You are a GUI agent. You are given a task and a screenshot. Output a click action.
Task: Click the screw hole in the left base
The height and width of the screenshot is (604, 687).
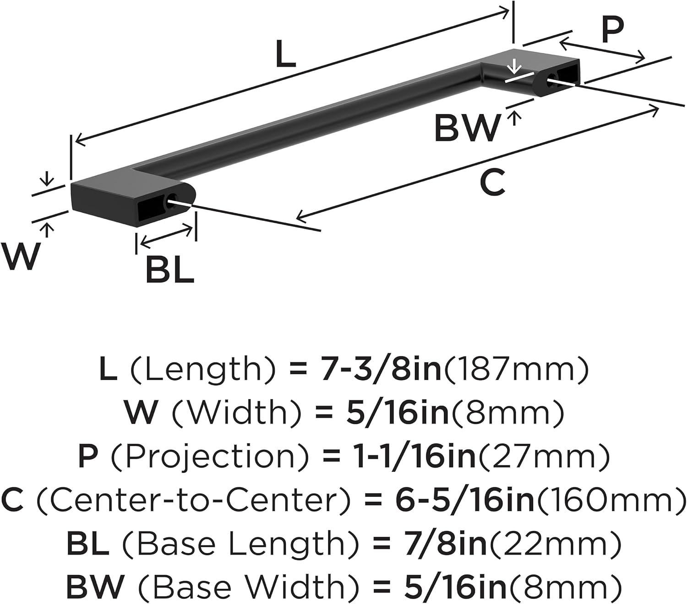[x=173, y=200]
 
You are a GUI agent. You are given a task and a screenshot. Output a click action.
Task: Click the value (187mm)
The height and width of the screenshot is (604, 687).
[x=515, y=370]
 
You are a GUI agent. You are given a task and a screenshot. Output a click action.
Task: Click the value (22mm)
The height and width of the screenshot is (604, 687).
[x=554, y=544]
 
